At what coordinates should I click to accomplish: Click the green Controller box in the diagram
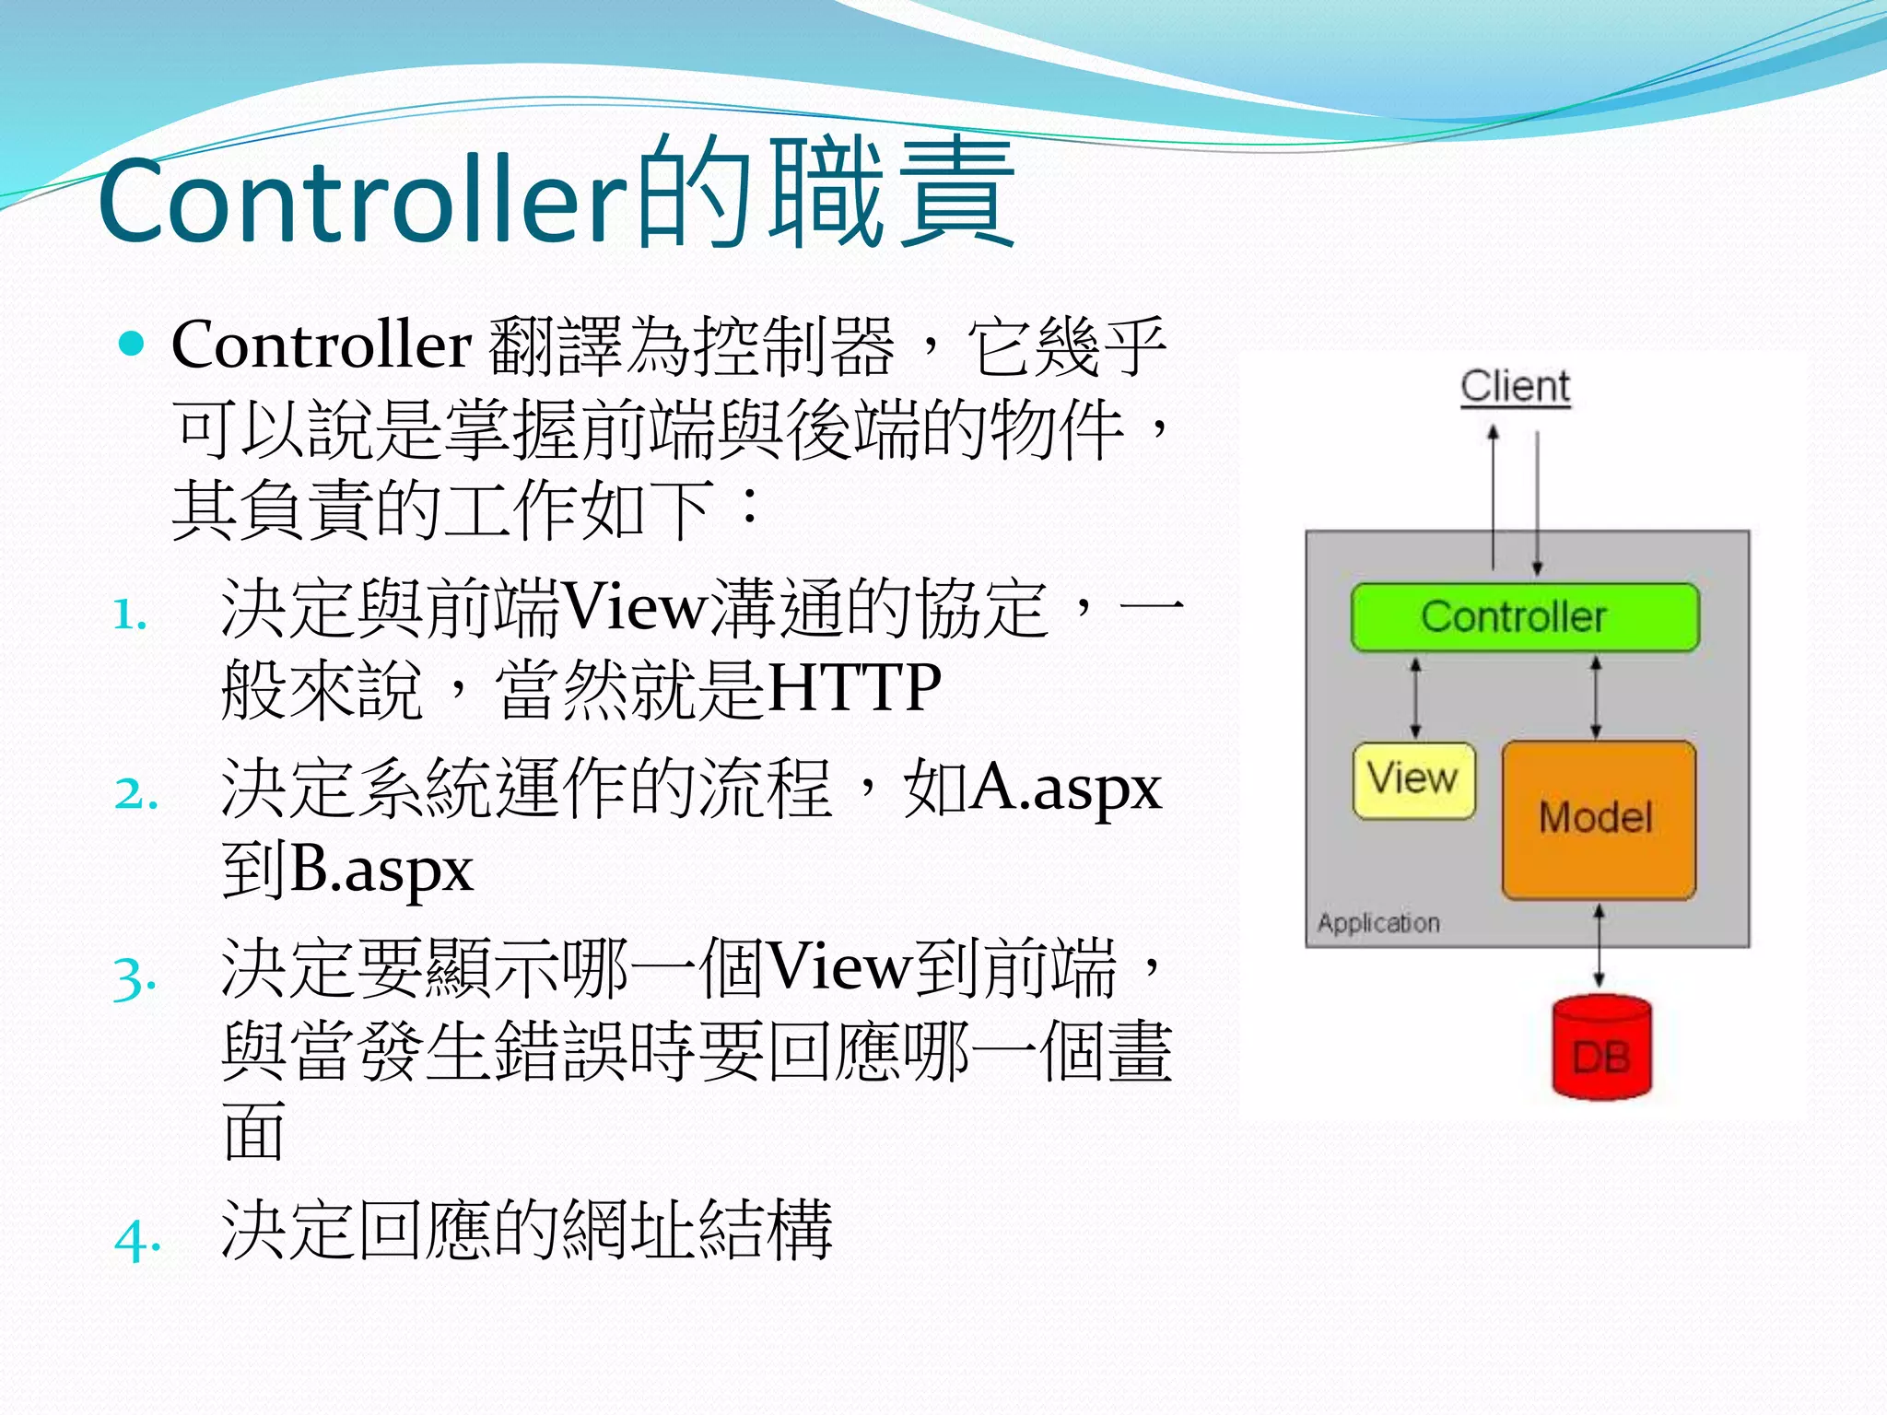(x=1524, y=617)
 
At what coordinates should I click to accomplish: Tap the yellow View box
(x=1413, y=780)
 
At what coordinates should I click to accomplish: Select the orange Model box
(x=1598, y=819)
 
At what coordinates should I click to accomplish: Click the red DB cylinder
(x=1601, y=1050)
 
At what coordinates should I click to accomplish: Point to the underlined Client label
(x=1515, y=386)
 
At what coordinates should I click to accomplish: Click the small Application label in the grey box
(x=1377, y=923)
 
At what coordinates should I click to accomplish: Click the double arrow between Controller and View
(x=1416, y=697)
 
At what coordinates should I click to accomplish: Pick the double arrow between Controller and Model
(x=1596, y=697)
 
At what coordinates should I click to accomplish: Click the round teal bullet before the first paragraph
(x=133, y=345)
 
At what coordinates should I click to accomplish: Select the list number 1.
(x=130, y=615)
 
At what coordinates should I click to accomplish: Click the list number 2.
(x=135, y=794)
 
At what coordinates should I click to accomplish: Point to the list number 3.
(x=134, y=978)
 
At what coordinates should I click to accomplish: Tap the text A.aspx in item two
(x=1067, y=789)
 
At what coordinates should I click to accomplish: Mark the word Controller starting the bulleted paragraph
(x=322, y=345)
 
